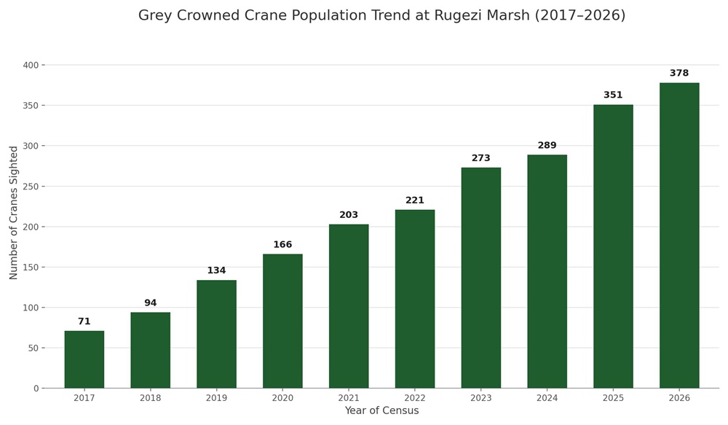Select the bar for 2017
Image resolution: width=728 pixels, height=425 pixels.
pyautogui.click(x=84, y=359)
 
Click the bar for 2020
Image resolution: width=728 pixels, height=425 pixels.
pyautogui.click(x=282, y=321)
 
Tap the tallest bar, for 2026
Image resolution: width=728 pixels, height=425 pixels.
pyautogui.click(x=679, y=235)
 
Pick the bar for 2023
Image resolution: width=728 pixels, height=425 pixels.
pyautogui.click(x=481, y=278)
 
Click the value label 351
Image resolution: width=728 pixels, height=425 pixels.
pyautogui.click(x=613, y=95)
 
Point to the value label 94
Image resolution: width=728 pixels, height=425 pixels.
pyautogui.click(x=151, y=303)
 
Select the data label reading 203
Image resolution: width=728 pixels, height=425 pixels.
pyautogui.click(x=349, y=215)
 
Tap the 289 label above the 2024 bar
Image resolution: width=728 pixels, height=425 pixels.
pyautogui.click(x=547, y=145)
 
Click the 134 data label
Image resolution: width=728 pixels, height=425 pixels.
pyautogui.click(x=216, y=270)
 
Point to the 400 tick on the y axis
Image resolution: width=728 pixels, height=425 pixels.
pyautogui.click(x=31, y=65)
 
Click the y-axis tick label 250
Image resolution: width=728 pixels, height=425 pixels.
pyautogui.click(x=31, y=187)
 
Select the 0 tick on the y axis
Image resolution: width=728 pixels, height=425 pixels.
pyautogui.click(x=36, y=389)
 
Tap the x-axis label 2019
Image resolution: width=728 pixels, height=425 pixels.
pyautogui.click(x=216, y=398)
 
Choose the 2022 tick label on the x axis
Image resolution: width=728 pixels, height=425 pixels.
pyautogui.click(x=415, y=398)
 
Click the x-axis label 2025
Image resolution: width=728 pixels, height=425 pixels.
pyautogui.click(x=613, y=398)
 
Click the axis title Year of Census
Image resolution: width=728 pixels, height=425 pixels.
pyautogui.click(x=381, y=410)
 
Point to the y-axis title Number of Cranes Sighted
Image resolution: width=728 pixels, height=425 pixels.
pyautogui.click(x=13, y=213)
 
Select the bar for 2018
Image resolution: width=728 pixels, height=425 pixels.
pyautogui.click(x=151, y=350)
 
